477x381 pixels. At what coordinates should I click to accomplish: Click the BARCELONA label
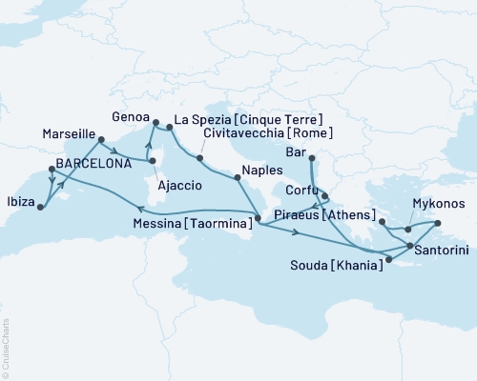click(x=93, y=163)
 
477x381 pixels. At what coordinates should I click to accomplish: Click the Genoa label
click(x=130, y=114)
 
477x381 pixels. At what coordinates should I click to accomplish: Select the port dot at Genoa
click(x=156, y=121)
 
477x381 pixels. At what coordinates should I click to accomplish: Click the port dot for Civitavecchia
click(x=199, y=157)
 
